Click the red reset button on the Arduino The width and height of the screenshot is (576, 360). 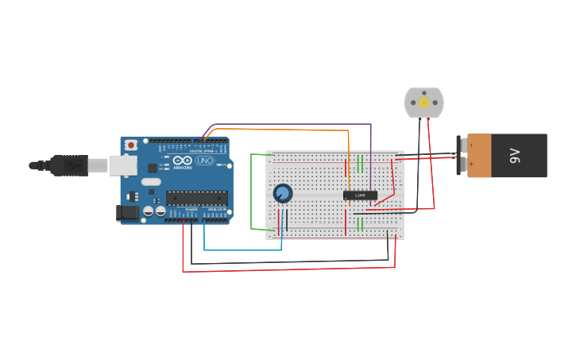130,145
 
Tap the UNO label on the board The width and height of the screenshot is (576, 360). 205,161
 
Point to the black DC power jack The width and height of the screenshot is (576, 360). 127,212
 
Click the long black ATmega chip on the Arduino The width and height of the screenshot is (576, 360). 196,199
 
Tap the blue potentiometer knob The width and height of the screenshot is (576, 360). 282,193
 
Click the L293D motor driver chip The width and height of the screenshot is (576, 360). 360,195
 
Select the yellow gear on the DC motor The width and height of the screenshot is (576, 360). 423,103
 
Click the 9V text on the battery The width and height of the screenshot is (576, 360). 515,156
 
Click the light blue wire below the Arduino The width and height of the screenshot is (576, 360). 238,250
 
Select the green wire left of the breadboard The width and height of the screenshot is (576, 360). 252,191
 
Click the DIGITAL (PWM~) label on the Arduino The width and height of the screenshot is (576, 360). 203,151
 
